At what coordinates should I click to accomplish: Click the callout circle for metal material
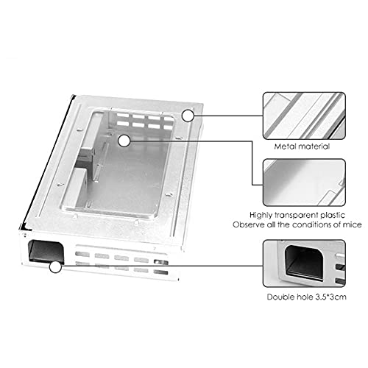coord(188,116)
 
